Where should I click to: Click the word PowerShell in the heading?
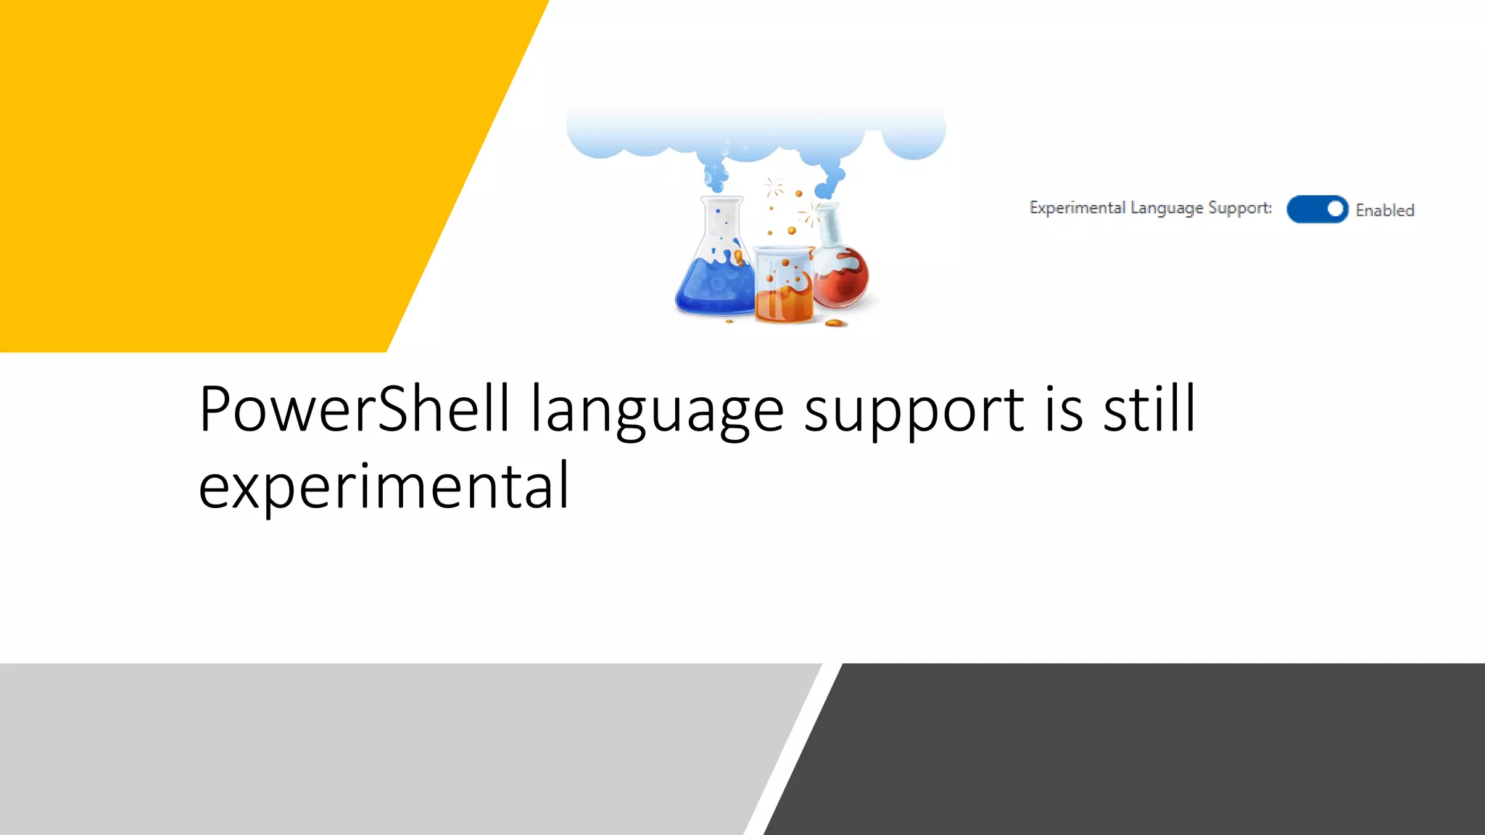pyautogui.click(x=354, y=410)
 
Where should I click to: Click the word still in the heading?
pyautogui.click(x=1149, y=410)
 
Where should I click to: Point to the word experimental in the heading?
pyautogui.click(x=384, y=487)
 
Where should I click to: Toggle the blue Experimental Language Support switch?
pyautogui.click(x=1317, y=209)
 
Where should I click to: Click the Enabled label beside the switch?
pyautogui.click(x=1384, y=210)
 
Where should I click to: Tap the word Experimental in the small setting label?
pyautogui.click(x=1077, y=208)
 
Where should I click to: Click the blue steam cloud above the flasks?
pyautogui.click(x=754, y=134)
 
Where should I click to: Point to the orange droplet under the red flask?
pyautogui.click(x=835, y=323)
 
